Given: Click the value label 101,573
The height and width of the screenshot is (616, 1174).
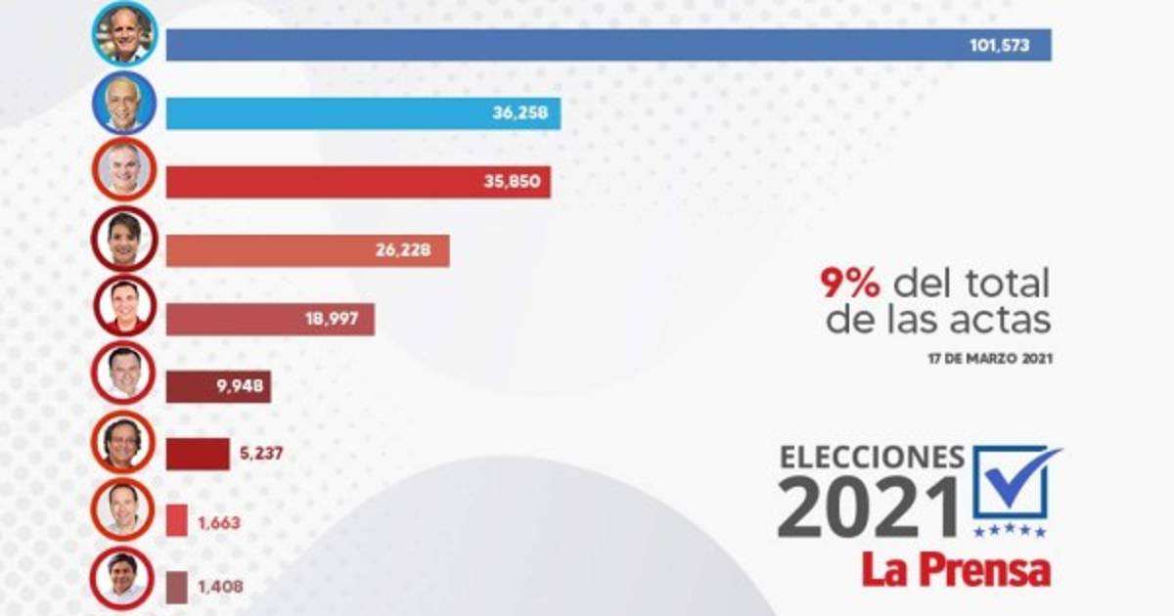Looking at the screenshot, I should coord(999,45).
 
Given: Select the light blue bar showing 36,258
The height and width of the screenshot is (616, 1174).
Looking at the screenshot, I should coord(363,113).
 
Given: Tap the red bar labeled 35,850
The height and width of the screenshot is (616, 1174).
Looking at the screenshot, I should coord(358,183).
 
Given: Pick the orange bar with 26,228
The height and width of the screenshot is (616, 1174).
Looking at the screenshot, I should coord(307,251).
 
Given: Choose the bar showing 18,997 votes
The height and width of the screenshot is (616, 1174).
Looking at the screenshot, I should coord(270,320).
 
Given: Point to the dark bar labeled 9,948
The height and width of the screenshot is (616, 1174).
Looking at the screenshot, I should coord(218,387).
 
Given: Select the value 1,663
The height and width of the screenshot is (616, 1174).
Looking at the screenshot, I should coord(219,521).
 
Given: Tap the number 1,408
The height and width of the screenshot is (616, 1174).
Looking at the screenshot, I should coord(219,588).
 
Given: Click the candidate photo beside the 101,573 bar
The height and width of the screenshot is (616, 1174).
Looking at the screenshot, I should coord(124,34).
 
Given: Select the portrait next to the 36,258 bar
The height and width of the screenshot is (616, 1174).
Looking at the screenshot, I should coord(124,103).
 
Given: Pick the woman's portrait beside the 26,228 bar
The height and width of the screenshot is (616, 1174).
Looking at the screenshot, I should coord(124,239).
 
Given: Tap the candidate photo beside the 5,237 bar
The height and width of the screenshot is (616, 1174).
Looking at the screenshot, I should coord(123,442).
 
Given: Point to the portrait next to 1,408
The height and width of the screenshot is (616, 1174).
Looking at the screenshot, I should coord(123,577).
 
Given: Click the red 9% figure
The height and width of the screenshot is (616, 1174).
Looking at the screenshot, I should coord(850,285).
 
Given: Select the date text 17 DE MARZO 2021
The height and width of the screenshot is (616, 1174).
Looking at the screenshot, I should coord(989,359).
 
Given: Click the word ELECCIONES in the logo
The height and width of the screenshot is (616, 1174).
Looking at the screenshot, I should coord(872,458).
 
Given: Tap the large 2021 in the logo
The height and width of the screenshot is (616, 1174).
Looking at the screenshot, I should coord(869,506).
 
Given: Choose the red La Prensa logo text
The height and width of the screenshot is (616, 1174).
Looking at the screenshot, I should coord(956,570).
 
